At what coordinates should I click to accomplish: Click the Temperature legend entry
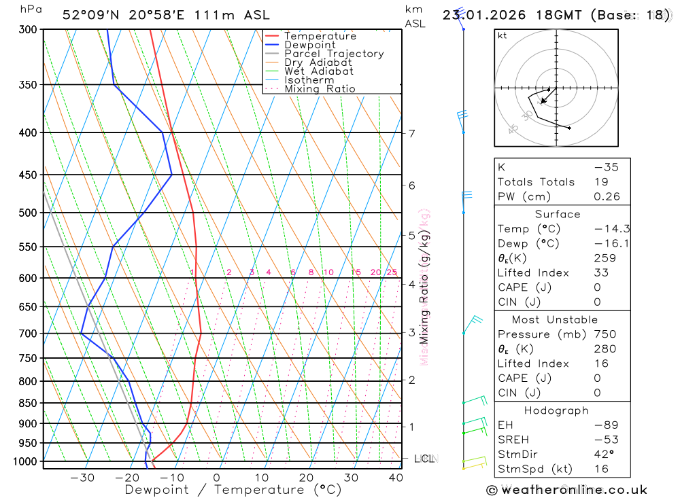pyautogui.click(x=320, y=36)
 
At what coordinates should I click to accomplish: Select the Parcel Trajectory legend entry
pyautogui.click(x=334, y=54)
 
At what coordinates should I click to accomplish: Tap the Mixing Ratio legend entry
pyautogui.click(x=320, y=89)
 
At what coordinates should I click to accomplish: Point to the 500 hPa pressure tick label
pyautogui.click(x=28, y=213)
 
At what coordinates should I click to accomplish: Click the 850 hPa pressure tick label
pyautogui.click(x=28, y=403)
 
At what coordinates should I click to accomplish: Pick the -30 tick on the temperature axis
pyautogui.click(x=82, y=478)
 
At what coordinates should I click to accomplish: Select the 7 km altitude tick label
pyautogui.click(x=412, y=133)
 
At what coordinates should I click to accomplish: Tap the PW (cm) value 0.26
pyautogui.click(x=607, y=196)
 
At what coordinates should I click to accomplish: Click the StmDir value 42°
pyautogui.click(x=605, y=455)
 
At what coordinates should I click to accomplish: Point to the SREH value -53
pyautogui.click(x=605, y=440)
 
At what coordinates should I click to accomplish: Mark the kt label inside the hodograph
pyautogui.click(x=503, y=35)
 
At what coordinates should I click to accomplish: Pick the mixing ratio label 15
pyautogui.click(x=356, y=272)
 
